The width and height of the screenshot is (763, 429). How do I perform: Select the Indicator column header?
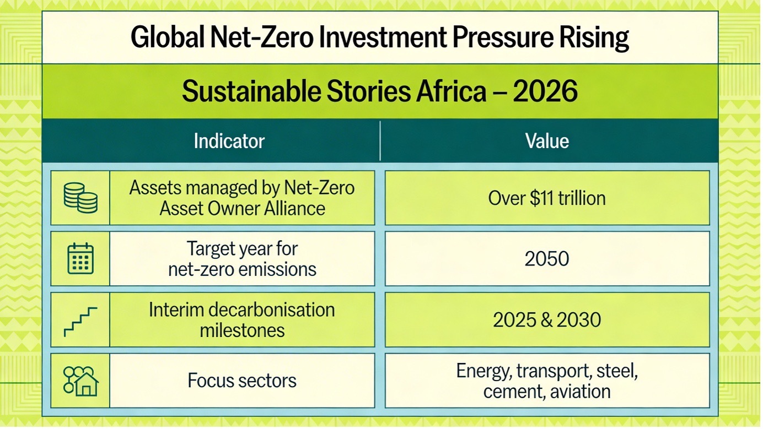[x=229, y=141]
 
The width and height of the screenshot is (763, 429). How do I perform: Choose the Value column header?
[x=546, y=141]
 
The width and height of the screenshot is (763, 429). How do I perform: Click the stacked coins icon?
[x=80, y=198]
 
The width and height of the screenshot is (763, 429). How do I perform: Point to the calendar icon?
[x=80, y=258]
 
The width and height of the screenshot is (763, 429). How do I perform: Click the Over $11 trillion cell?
[x=546, y=198]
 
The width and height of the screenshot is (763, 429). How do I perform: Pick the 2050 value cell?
[x=546, y=259]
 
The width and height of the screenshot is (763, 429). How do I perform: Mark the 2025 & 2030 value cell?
[x=546, y=320]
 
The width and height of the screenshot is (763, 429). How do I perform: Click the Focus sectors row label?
[x=242, y=381]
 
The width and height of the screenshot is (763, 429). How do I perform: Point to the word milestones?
[x=242, y=330]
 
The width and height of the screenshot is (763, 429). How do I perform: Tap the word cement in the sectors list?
[x=510, y=392]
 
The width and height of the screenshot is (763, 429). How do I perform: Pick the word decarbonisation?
[x=264, y=309]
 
